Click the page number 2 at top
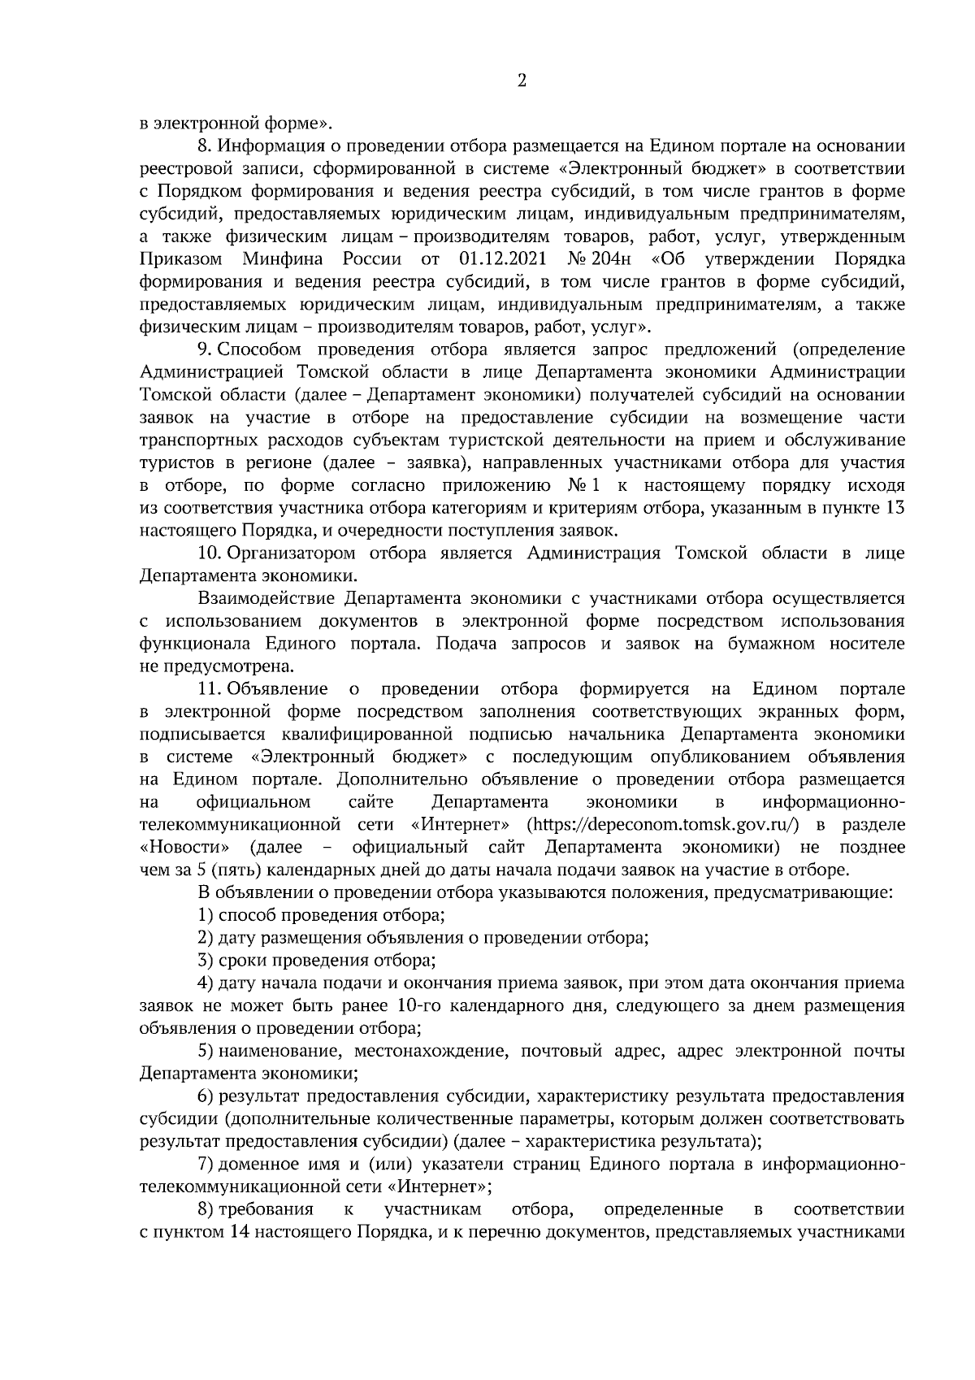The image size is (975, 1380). (x=522, y=80)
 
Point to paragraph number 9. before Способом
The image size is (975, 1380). (x=206, y=350)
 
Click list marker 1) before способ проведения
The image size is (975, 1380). (x=206, y=916)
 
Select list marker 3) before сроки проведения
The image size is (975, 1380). (x=206, y=961)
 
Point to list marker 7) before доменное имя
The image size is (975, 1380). (x=206, y=1165)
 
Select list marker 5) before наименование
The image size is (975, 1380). (x=206, y=1052)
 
